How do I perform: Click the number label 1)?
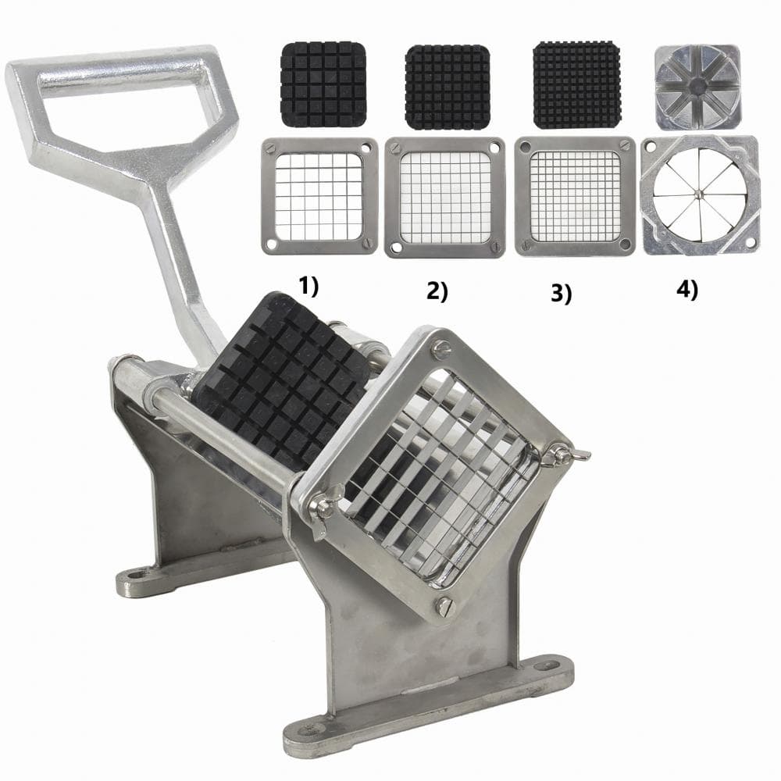coord(308,287)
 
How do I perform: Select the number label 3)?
coord(562,293)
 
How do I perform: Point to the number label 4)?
coord(686,291)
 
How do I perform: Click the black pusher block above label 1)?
coord(324,84)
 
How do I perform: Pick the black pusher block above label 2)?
coord(448,87)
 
